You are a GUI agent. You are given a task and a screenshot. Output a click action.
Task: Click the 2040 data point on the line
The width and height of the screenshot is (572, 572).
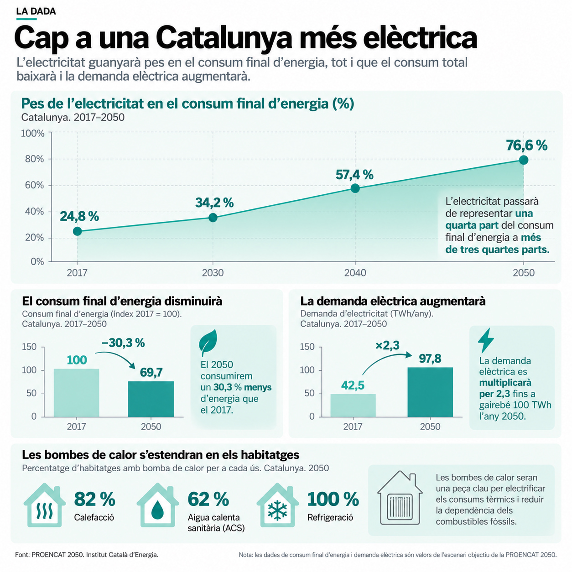point(355,188)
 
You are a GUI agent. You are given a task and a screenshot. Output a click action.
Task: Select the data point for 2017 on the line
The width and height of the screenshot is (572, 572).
point(77,231)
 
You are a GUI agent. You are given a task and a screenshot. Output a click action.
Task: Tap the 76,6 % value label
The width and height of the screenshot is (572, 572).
point(526,146)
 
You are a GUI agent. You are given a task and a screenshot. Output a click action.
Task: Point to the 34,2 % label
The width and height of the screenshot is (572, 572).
point(214,203)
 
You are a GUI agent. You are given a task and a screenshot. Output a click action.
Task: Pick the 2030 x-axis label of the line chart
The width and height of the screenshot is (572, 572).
point(213,272)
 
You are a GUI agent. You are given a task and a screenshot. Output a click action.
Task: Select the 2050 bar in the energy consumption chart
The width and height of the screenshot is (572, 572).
point(151,399)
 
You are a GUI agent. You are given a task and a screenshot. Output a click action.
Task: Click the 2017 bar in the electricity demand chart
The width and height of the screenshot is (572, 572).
point(353,405)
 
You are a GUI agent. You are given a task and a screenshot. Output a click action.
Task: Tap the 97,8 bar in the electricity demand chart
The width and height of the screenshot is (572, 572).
point(430,392)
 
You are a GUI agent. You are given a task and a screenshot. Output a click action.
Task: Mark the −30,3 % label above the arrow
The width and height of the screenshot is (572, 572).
point(123,343)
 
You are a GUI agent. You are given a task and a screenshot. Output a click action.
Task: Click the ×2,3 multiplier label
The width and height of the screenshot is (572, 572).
point(387,345)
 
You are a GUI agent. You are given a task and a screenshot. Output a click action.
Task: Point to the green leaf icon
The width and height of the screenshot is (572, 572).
point(208,343)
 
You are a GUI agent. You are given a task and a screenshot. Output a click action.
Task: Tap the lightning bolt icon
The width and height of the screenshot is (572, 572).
point(486,340)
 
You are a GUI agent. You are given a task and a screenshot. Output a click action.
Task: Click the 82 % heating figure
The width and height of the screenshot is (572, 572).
point(94,499)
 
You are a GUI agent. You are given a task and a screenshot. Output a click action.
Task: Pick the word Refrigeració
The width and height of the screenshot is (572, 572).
point(330,517)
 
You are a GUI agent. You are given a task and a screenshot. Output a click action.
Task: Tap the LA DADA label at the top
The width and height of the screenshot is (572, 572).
point(36,11)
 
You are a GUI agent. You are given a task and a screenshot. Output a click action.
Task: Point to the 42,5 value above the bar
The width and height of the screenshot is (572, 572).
point(353,385)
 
